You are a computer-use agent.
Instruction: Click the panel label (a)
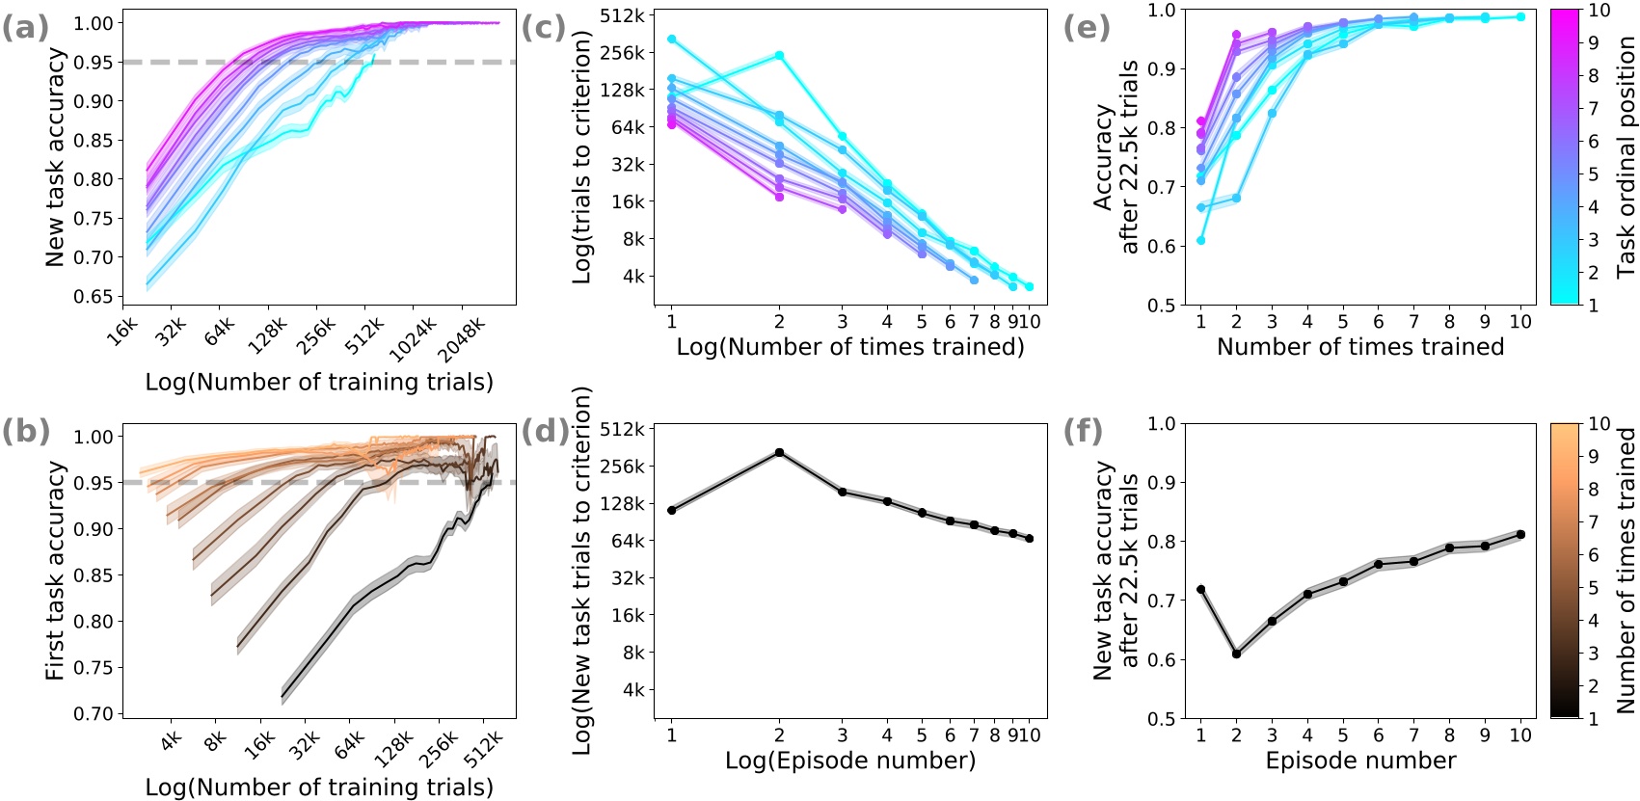25,27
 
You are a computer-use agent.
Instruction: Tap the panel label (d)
545,431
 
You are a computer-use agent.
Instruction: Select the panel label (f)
1083,431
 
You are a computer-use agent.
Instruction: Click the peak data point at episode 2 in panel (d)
779,452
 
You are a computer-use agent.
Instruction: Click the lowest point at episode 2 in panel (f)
1236,654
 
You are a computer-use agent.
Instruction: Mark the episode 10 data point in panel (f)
1520,534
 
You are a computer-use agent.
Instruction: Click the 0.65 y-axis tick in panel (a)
93,297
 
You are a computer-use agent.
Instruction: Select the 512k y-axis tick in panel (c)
622,15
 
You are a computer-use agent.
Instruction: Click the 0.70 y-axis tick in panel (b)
93,714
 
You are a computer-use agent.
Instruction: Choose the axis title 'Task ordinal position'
1627,157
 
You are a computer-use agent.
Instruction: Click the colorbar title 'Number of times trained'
1627,571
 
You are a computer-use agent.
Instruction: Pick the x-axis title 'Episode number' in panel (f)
1360,761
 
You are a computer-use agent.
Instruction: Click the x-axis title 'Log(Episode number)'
850,761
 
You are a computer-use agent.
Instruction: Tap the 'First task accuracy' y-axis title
56,571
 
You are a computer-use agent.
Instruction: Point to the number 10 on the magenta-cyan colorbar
1599,11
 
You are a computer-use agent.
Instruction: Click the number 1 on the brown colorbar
1594,719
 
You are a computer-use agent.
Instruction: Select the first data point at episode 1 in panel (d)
671,510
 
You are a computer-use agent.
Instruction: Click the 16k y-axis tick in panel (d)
629,615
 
